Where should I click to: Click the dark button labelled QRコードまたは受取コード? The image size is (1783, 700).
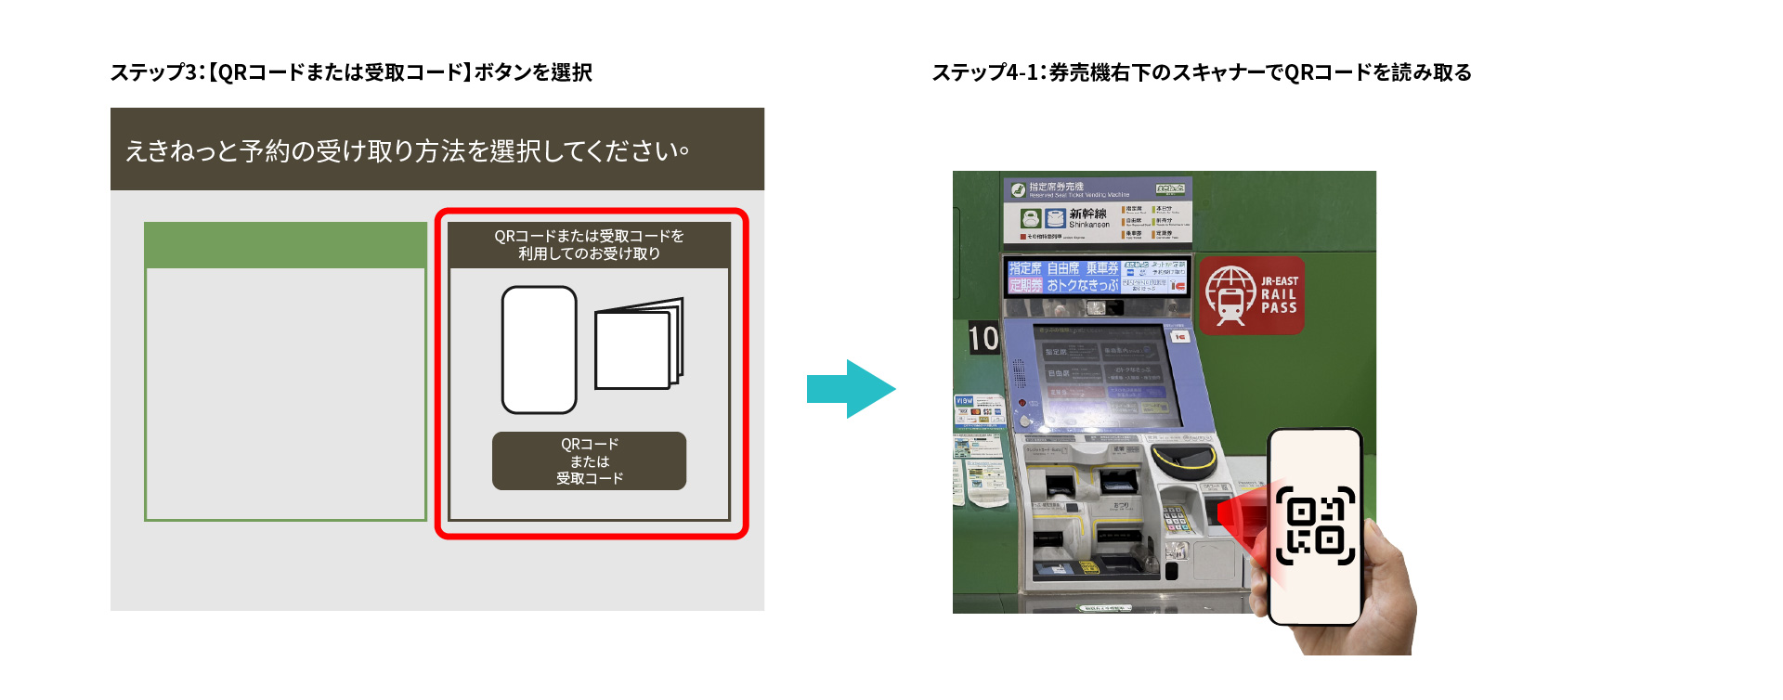[x=589, y=460]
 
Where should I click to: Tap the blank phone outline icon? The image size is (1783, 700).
[x=539, y=350]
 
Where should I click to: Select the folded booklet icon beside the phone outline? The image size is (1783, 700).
[x=639, y=344]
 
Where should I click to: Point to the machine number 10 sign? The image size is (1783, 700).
[x=983, y=338]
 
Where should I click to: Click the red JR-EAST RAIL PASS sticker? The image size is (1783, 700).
[x=1252, y=295]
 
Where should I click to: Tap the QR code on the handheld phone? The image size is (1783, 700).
[x=1315, y=525]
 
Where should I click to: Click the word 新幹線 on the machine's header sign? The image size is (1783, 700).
[x=1087, y=214]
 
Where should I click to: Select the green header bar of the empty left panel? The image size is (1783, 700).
[x=285, y=245]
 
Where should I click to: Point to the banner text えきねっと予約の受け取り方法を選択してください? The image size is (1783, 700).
[x=407, y=150]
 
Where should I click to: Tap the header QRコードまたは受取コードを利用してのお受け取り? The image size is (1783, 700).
[x=589, y=245]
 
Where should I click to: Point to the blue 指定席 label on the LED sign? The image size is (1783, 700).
[x=1025, y=268]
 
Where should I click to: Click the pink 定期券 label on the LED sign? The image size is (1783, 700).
[x=1025, y=286]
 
